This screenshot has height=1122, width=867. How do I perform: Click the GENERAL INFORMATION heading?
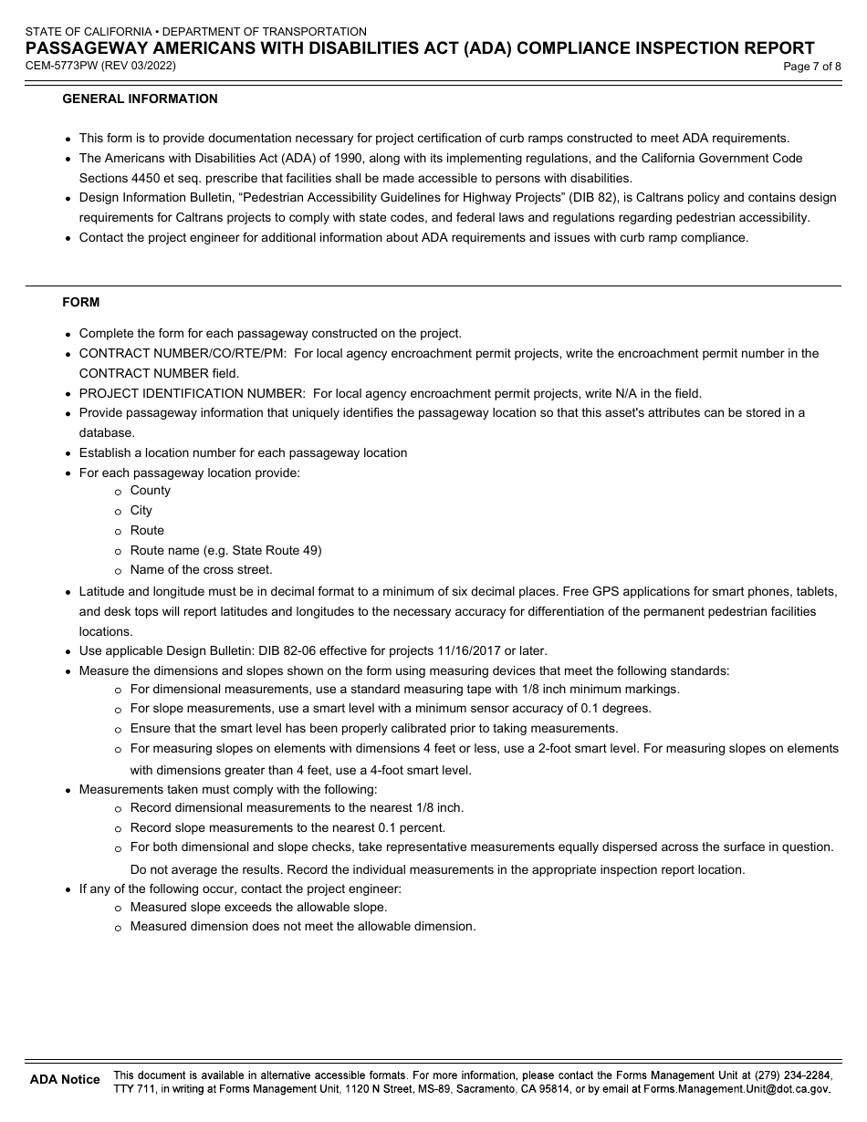click(140, 99)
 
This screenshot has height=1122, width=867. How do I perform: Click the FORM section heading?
click(81, 302)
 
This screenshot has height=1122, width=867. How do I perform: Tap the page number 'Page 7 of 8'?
click(811, 66)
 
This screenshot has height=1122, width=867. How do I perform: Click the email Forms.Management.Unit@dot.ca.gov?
click(736, 1089)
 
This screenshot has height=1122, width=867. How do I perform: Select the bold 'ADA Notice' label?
click(65, 1080)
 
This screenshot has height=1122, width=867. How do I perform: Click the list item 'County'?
click(150, 491)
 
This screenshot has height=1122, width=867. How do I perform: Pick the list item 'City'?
click(141, 511)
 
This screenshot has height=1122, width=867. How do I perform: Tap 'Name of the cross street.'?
click(201, 570)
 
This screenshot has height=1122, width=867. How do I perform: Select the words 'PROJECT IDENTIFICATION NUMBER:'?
click(193, 393)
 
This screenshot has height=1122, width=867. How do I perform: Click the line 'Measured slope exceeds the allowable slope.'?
click(258, 908)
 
